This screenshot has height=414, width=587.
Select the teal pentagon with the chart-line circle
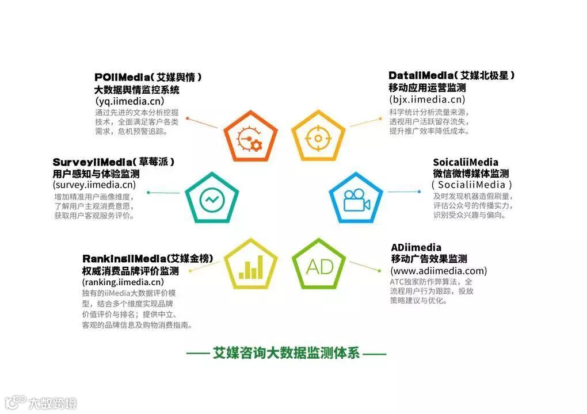211,198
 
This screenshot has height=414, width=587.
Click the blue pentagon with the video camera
356,198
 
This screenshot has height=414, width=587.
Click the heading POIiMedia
124,76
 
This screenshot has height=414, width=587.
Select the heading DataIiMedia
422,75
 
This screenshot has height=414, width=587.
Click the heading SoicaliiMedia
466,162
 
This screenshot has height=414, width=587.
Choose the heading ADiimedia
416,247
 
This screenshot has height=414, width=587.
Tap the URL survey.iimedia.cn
94,185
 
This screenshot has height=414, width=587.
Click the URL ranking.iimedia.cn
123,282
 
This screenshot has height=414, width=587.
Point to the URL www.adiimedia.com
439,271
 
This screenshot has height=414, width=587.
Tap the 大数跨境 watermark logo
40,402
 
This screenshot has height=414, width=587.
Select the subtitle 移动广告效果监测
429,259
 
